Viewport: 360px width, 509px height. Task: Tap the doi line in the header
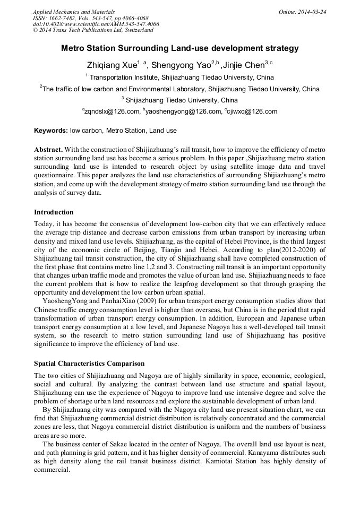[96, 24]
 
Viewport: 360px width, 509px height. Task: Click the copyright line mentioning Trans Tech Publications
[93, 30]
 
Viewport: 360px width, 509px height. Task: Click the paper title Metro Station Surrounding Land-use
[180, 48]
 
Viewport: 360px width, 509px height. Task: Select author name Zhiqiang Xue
[112, 66]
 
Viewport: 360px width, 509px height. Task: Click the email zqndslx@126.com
[112, 111]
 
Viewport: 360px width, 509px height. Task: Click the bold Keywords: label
[51, 131]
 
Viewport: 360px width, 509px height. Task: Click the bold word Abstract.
[49, 150]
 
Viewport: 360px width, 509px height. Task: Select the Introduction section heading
[54, 212]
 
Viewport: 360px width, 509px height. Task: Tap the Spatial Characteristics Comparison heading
[89, 364]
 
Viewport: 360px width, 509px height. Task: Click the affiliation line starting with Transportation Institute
[182, 77]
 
